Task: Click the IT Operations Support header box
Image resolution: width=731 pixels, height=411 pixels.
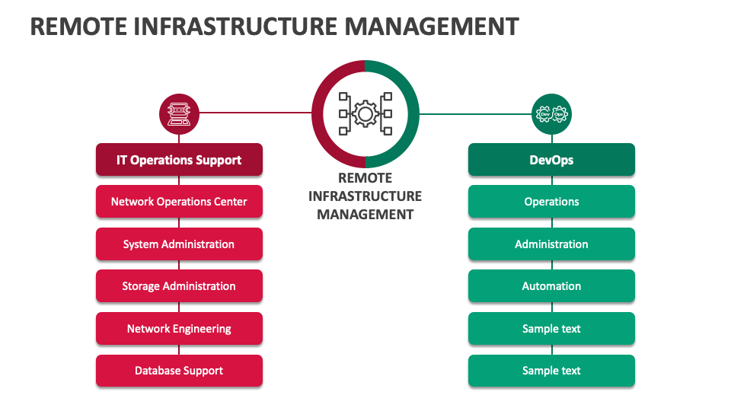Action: coord(179,160)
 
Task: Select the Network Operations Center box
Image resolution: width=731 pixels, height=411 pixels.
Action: coord(179,202)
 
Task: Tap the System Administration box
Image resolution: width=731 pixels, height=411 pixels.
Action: coord(179,244)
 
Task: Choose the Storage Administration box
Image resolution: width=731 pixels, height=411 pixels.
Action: coord(179,286)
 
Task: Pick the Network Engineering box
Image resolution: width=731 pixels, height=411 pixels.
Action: coord(179,329)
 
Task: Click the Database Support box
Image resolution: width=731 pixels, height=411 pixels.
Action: coord(179,371)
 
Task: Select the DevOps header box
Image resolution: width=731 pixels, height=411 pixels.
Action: coord(551,160)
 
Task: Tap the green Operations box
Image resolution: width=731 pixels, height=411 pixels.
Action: coord(551,202)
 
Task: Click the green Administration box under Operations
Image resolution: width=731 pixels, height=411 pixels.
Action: coord(551,244)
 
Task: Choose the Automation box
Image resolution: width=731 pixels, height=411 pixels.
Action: coord(551,286)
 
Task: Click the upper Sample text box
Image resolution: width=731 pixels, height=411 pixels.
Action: coord(551,329)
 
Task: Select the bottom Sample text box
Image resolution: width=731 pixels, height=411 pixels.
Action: coord(551,371)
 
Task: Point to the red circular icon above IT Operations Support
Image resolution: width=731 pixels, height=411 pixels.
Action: coord(179,114)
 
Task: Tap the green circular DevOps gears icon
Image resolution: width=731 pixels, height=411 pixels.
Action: coord(551,114)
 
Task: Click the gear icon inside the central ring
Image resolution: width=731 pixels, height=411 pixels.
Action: coord(365,114)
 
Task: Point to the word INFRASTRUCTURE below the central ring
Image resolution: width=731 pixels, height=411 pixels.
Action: coord(365,196)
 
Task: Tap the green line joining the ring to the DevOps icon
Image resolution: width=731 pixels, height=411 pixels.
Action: coord(475,114)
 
